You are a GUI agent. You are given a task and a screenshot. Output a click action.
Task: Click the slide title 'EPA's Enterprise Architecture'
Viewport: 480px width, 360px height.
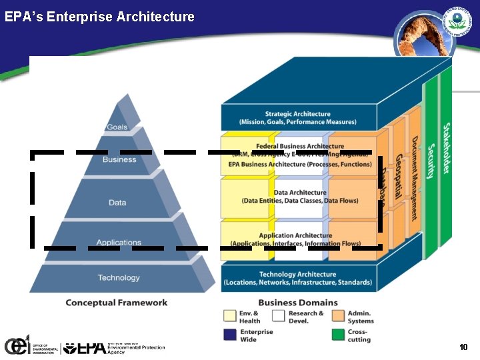point(99,17)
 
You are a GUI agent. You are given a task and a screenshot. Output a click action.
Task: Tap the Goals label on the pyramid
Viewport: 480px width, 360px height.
point(117,127)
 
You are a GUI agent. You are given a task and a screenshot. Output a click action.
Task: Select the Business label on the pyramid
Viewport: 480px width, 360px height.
point(119,160)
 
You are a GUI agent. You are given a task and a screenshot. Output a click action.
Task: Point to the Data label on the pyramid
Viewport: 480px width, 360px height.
point(117,203)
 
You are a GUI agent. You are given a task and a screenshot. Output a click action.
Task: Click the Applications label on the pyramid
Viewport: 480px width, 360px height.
point(119,243)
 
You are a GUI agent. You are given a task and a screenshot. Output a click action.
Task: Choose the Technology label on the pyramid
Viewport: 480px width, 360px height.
point(119,278)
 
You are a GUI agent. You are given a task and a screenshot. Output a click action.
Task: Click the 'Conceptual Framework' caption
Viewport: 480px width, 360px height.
point(117,303)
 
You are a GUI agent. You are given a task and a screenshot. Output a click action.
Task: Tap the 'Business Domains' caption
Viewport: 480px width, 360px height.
point(298,303)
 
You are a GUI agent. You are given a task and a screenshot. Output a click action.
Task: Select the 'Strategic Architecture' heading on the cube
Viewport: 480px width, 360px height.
point(297,114)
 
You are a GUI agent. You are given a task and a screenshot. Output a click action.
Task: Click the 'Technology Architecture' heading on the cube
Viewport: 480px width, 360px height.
point(297,274)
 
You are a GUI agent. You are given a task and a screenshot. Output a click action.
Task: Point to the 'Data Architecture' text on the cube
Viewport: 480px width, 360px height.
point(300,193)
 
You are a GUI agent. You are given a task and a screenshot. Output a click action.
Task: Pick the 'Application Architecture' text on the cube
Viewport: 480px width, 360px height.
point(295,235)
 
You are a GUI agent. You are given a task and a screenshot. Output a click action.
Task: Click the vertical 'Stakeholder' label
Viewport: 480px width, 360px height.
point(446,148)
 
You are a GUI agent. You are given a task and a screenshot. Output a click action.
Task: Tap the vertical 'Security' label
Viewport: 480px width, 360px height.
point(431,161)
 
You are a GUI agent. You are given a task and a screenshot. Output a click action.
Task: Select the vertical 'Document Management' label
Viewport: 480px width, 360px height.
point(414,178)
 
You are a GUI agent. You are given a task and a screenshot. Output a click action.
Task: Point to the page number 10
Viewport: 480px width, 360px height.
point(464,347)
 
